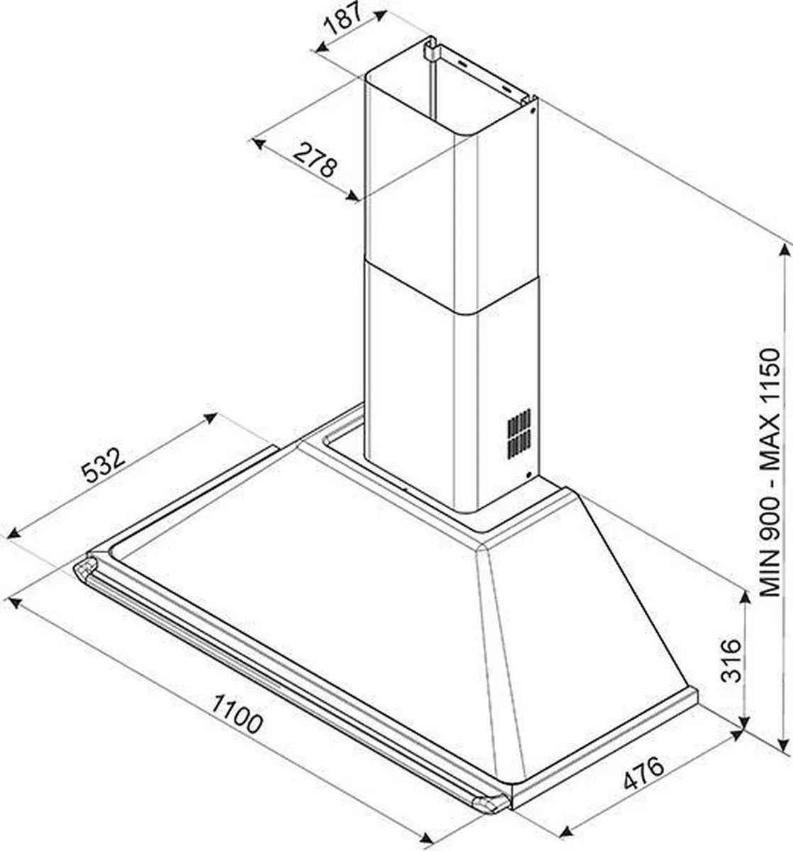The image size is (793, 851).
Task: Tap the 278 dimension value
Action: click(316, 161)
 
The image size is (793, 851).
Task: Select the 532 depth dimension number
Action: click(104, 465)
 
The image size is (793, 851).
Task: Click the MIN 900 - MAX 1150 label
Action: click(770, 472)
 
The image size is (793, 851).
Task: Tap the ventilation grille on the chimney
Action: click(519, 433)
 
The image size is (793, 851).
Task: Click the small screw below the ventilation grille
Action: click(528, 474)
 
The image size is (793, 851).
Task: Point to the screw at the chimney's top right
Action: click(532, 111)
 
